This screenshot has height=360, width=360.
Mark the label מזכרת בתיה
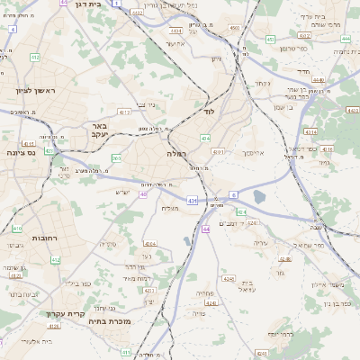pyautogui.click(x=112, y=321)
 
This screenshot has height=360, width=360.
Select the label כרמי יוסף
pyautogui.click(x=260, y=334)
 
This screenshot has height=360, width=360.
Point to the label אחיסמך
pyautogui.click(x=252, y=153)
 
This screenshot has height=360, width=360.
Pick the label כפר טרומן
pyautogui.click(x=290, y=47)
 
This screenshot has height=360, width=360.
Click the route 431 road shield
pyautogui.click(x=192, y=200)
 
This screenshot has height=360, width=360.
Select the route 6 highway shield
pyautogui.click(x=233, y=194)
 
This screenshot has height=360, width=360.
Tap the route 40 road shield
pyautogui.click(x=143, y=193)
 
